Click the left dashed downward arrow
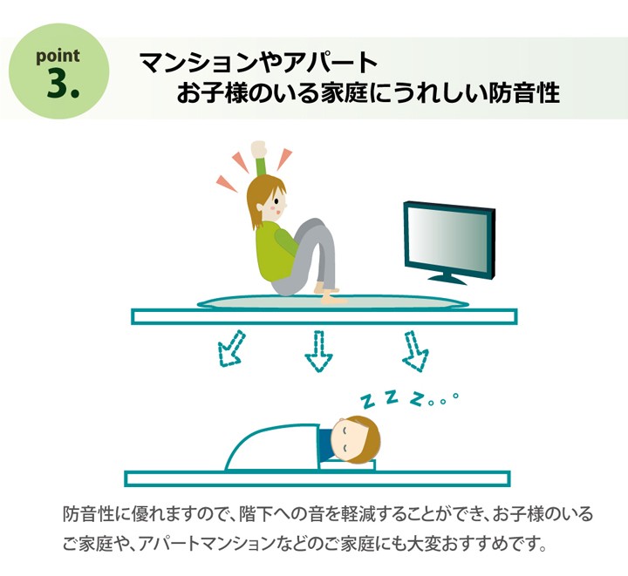coord(231,349)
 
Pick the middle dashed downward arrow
coord(318,351)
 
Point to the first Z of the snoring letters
coord(367,402)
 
